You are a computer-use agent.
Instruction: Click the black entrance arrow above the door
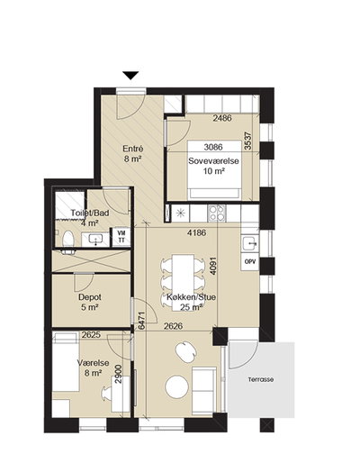[130, 76]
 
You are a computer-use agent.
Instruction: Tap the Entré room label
[133, 149]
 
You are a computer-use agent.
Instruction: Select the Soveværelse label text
[213, 161]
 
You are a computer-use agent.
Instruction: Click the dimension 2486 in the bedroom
[222, 118]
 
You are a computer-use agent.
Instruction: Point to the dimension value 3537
[247, 141]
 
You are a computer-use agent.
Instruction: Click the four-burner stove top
[217, 213]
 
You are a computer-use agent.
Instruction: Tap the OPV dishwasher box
[250, 261]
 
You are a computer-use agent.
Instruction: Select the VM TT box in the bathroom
[121, 237]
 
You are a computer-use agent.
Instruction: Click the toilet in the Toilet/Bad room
[68, 239]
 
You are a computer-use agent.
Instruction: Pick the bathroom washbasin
[96, 240]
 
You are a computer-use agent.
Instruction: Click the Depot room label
[90, 297]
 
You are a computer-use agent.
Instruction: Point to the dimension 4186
[196, 232]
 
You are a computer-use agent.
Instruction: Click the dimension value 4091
[213, 266]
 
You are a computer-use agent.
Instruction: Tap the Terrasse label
[261, 379]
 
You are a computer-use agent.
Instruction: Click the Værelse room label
[93, 363]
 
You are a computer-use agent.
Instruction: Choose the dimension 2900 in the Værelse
[119, 374]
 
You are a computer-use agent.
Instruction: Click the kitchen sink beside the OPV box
[249, 242]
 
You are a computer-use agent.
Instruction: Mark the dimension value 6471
[142, 320]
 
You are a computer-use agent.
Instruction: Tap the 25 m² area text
[191, 307]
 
